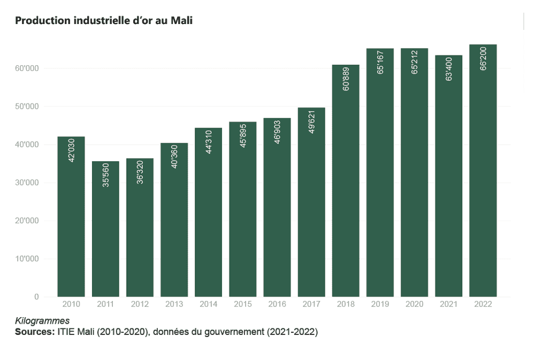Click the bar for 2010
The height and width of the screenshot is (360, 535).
point(71,216)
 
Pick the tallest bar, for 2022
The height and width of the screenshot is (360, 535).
point(483,170)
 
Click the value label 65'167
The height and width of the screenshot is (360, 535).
point(380,62)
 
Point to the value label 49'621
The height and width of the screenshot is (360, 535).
point(312,121)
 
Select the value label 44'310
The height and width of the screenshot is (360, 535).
point(209,142)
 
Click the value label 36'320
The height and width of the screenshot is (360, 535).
point(140,171)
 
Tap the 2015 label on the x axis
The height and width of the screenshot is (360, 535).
point(243,304)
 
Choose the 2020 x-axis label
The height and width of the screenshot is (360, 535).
point(415,304)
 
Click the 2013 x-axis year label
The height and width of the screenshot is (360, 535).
point(174,304)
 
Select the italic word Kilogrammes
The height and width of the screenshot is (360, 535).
point(42,321)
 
